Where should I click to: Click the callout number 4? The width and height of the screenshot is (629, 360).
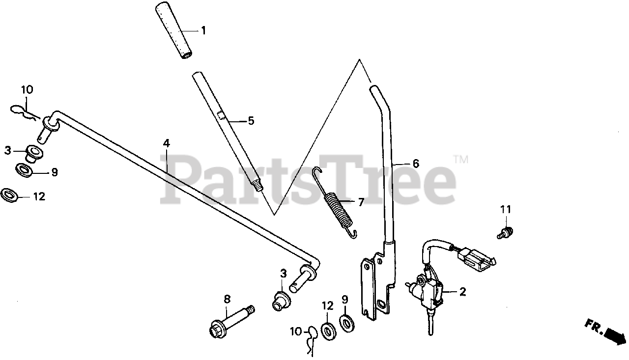tap(167, 143)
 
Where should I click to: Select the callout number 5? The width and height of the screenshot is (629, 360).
tap(251, 120)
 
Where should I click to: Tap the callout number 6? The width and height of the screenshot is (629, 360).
tap(416, 164)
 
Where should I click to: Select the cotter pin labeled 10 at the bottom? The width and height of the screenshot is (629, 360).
tap(311, 339)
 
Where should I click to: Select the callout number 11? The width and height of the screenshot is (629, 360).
tap(506, 209)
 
